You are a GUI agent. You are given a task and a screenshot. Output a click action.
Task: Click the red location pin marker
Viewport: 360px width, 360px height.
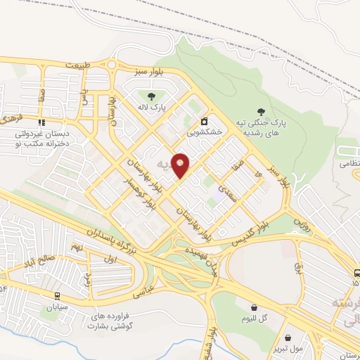pos(181,165)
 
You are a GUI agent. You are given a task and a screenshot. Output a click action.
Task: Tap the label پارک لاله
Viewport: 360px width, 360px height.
pos(150,108)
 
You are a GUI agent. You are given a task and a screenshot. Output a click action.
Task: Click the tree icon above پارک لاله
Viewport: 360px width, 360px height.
pos(150,95)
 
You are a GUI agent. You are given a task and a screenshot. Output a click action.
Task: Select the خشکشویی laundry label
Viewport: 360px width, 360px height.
pos(205,131)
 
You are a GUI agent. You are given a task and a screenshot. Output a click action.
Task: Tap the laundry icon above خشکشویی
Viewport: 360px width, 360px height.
pos(205,120)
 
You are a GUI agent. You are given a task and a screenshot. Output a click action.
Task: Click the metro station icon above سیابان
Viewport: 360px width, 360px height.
pos(56,296)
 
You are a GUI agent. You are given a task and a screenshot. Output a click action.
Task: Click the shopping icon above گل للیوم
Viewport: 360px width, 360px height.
pos(255,307)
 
